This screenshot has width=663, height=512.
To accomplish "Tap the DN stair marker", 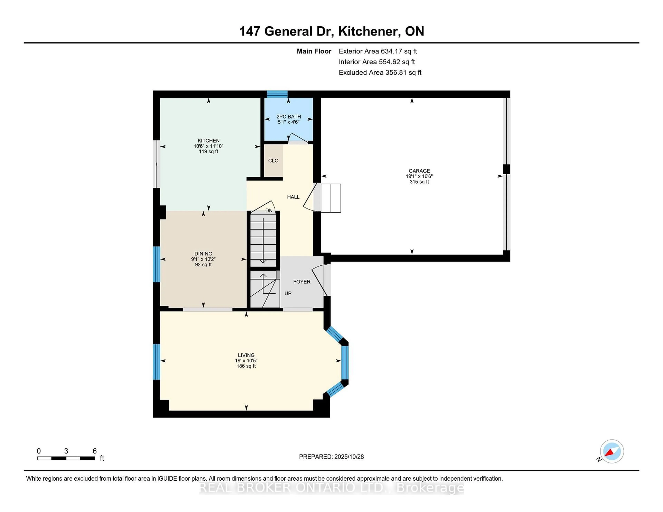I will [269, 210].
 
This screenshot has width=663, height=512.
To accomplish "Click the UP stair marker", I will [288, 293].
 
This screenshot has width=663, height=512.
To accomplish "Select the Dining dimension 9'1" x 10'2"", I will [203, 259].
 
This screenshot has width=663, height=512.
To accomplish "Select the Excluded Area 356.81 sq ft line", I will [380, 72].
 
